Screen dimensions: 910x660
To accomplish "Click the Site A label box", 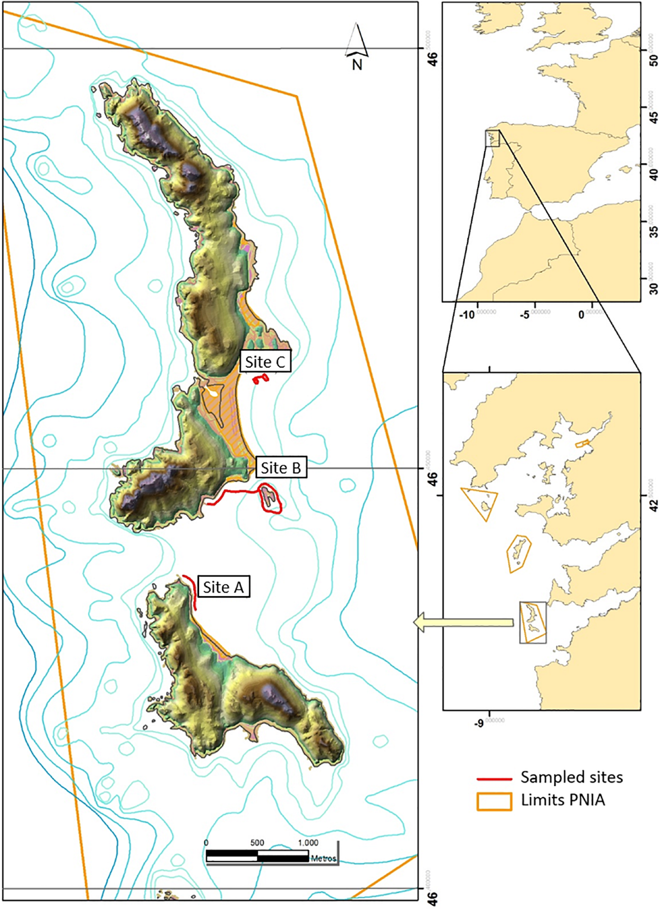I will point(223,587).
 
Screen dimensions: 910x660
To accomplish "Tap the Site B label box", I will point(281,468).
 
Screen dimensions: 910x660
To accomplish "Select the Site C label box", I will point(265,362).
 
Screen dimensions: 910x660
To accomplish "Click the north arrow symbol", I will point(357,40).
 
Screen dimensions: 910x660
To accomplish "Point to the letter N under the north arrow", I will point(357,64).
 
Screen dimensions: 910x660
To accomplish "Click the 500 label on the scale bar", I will point(257,843).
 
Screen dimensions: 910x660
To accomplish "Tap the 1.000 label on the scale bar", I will point(308,843).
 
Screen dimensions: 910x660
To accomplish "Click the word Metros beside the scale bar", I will point(323,859).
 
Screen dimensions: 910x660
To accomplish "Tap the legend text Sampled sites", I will point(571,778).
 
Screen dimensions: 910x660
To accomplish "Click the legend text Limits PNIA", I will point(562,800).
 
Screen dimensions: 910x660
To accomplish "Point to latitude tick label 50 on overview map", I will point(654,56).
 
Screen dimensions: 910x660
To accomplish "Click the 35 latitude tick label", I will point(654,227).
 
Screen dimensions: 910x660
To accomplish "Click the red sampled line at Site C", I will point(261,379).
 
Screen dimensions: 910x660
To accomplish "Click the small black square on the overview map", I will point(492,138).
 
